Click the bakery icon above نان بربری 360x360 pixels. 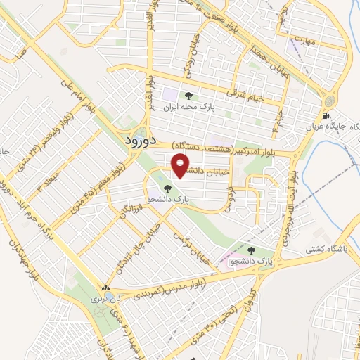point(105,288)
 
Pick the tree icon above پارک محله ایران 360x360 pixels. point(187,96)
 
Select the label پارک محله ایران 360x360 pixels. point(188,108)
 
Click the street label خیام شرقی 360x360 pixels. point(246,94)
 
